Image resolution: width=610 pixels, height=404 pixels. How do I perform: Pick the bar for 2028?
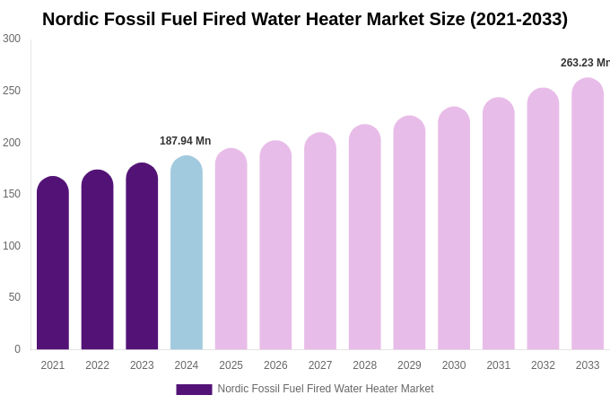[x=365, y=237]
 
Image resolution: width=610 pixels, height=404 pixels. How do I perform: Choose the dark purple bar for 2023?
[x=142, y=257]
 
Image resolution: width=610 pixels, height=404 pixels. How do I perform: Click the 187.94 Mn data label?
[x=186, y=141]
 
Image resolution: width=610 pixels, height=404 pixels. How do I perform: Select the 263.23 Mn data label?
[x=585, y=63]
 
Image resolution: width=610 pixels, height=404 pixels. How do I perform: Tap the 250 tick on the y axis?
[x=12, y=91]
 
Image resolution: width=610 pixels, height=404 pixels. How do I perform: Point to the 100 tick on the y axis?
[x=12, y=246]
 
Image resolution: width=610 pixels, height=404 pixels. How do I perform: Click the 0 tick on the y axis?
[x=17, y=349]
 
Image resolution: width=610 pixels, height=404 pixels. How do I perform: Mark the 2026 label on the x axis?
[x=275, y=365]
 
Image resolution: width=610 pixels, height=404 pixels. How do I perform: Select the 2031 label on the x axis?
[x=499, y=365]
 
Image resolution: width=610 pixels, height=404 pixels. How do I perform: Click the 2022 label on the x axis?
[x=98, y=365]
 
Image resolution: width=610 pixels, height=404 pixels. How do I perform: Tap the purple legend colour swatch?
[x=194, y=390]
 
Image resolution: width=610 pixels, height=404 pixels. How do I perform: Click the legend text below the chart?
[x=326, y=389]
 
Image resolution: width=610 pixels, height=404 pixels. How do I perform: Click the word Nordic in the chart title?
[x=73, y=19]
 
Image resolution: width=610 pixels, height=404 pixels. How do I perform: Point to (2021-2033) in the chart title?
[x=518, y=19]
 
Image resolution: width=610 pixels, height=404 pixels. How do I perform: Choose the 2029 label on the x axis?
[x=409, y=365]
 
